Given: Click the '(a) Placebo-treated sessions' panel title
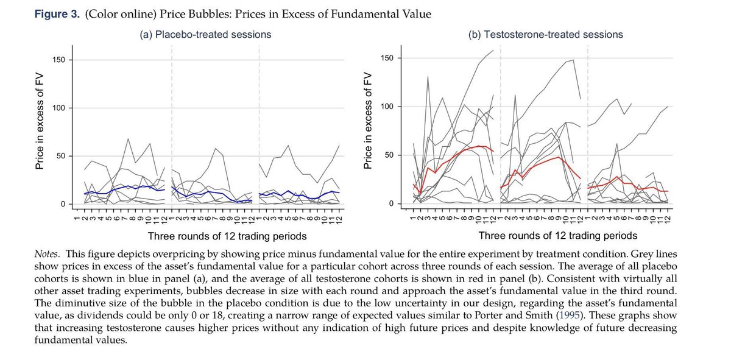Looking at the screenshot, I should [x=197, y=35].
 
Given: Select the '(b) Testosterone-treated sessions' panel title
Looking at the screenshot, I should [x=545, y=35].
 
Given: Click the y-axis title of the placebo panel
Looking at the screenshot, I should [x=41, y=131].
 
